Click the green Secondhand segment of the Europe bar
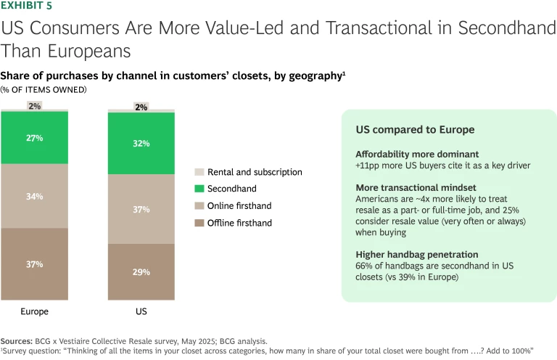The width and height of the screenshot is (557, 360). click(x=35, y=137)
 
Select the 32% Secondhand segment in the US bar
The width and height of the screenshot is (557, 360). click(x=141, y=143)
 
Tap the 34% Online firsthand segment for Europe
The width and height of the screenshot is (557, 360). click(x=35, y=196)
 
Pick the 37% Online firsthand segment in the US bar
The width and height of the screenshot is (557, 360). click(x=141, y=209)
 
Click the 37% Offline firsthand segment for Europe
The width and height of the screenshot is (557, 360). click(x=35, y=264)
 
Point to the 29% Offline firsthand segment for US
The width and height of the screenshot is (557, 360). click(x=141, y=272)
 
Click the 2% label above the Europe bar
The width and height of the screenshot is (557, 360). click(x=35, y=106)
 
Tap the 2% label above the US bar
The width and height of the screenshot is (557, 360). click(x=141, y=107)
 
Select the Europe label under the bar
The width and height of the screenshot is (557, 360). click(x=35, y=311)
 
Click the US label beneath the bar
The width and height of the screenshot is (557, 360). click(x=141, y=311)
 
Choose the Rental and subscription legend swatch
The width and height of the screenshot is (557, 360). click(x=199, y=172)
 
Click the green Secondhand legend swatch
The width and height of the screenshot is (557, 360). click(x=199, y=189)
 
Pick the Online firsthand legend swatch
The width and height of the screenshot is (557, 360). click(x=199, y=205)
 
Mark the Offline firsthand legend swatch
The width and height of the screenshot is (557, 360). click(x=199, y=223)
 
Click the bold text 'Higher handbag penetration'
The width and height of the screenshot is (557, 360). click(x=416, y=254)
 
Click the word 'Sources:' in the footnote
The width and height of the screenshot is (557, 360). click(x=16, y=340)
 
